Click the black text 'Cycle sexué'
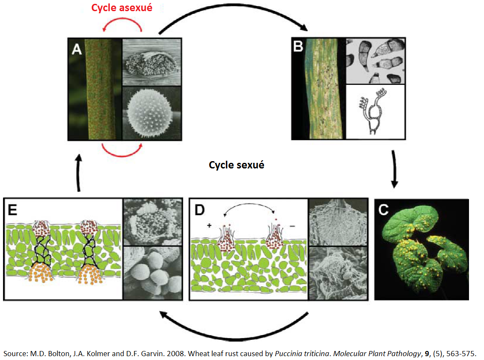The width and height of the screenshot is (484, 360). tap(236, 165)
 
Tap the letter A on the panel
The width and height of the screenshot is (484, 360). tap(77, 50)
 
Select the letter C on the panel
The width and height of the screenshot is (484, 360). tap(384, 210)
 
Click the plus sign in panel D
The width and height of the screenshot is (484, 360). tap(210, 225)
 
